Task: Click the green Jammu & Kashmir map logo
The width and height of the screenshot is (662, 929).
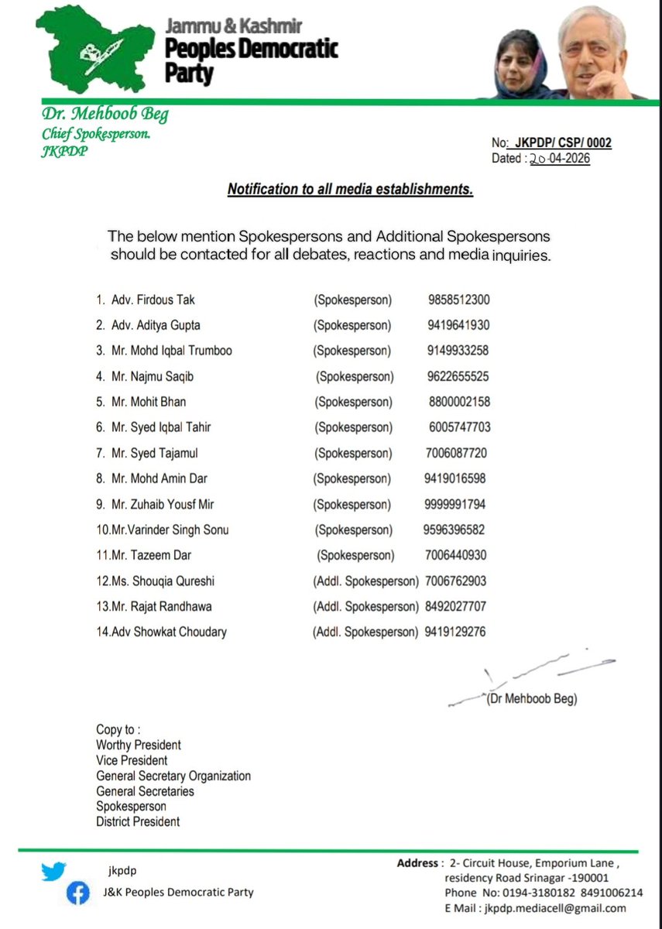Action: click(93, 51)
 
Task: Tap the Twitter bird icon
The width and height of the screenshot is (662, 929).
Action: click(53, 871)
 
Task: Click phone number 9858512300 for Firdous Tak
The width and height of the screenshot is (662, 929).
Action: click(458, 300)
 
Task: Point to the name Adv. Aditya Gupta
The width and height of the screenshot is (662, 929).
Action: click(148, 325)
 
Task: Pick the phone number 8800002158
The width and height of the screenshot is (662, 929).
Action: click(458, 402)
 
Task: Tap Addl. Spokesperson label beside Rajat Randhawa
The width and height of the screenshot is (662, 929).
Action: click(365, 606)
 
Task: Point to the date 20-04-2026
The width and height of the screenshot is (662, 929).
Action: click(560, 158)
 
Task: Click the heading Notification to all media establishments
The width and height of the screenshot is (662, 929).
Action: click(350, 189)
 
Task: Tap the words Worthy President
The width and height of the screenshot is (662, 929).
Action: click(139, 745)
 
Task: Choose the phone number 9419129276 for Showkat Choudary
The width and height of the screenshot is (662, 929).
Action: click(455, 632)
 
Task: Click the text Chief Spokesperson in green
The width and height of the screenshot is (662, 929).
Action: click(96, 134)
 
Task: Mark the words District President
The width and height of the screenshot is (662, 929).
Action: click(138, 821)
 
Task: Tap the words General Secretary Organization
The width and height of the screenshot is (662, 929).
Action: click(173, 776)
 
